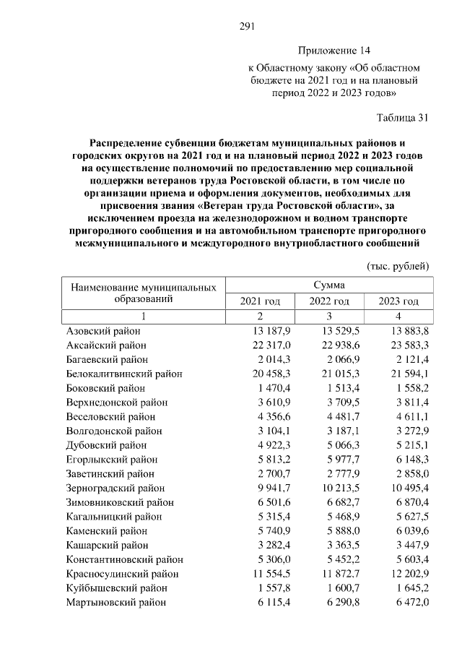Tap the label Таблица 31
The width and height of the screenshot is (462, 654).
coord(403,117)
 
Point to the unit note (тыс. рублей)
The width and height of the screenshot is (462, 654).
coord(398,266)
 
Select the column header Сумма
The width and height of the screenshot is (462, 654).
coord(328,285)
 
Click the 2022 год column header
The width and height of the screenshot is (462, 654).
coord(329,301)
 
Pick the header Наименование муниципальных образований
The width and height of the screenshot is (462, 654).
coord(144,293)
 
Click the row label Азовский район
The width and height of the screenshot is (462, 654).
coord(103,331)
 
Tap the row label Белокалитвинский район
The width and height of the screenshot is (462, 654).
coord(124,373)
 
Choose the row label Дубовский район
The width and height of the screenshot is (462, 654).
coord(105,444)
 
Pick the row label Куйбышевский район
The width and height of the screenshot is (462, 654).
coord(112,588)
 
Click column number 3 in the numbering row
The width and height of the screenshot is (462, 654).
coord(329,317)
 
